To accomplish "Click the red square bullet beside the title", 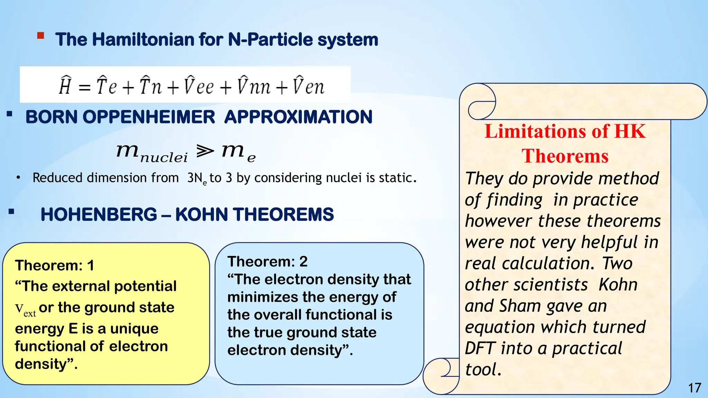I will click(41, 36).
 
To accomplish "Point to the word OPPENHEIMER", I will click(149, 117).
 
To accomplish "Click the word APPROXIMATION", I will click(298, 117).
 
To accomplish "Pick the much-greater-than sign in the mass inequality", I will click(205, 151).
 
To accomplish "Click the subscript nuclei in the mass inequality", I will click(164, 158).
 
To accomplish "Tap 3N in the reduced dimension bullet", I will click(195, 178).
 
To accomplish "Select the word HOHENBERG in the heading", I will click(99, 215).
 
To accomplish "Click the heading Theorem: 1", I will click(55, 265).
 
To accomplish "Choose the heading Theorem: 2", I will click(267, 262).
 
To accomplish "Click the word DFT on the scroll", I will click(480, 348).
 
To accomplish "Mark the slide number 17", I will click(694, 388).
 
